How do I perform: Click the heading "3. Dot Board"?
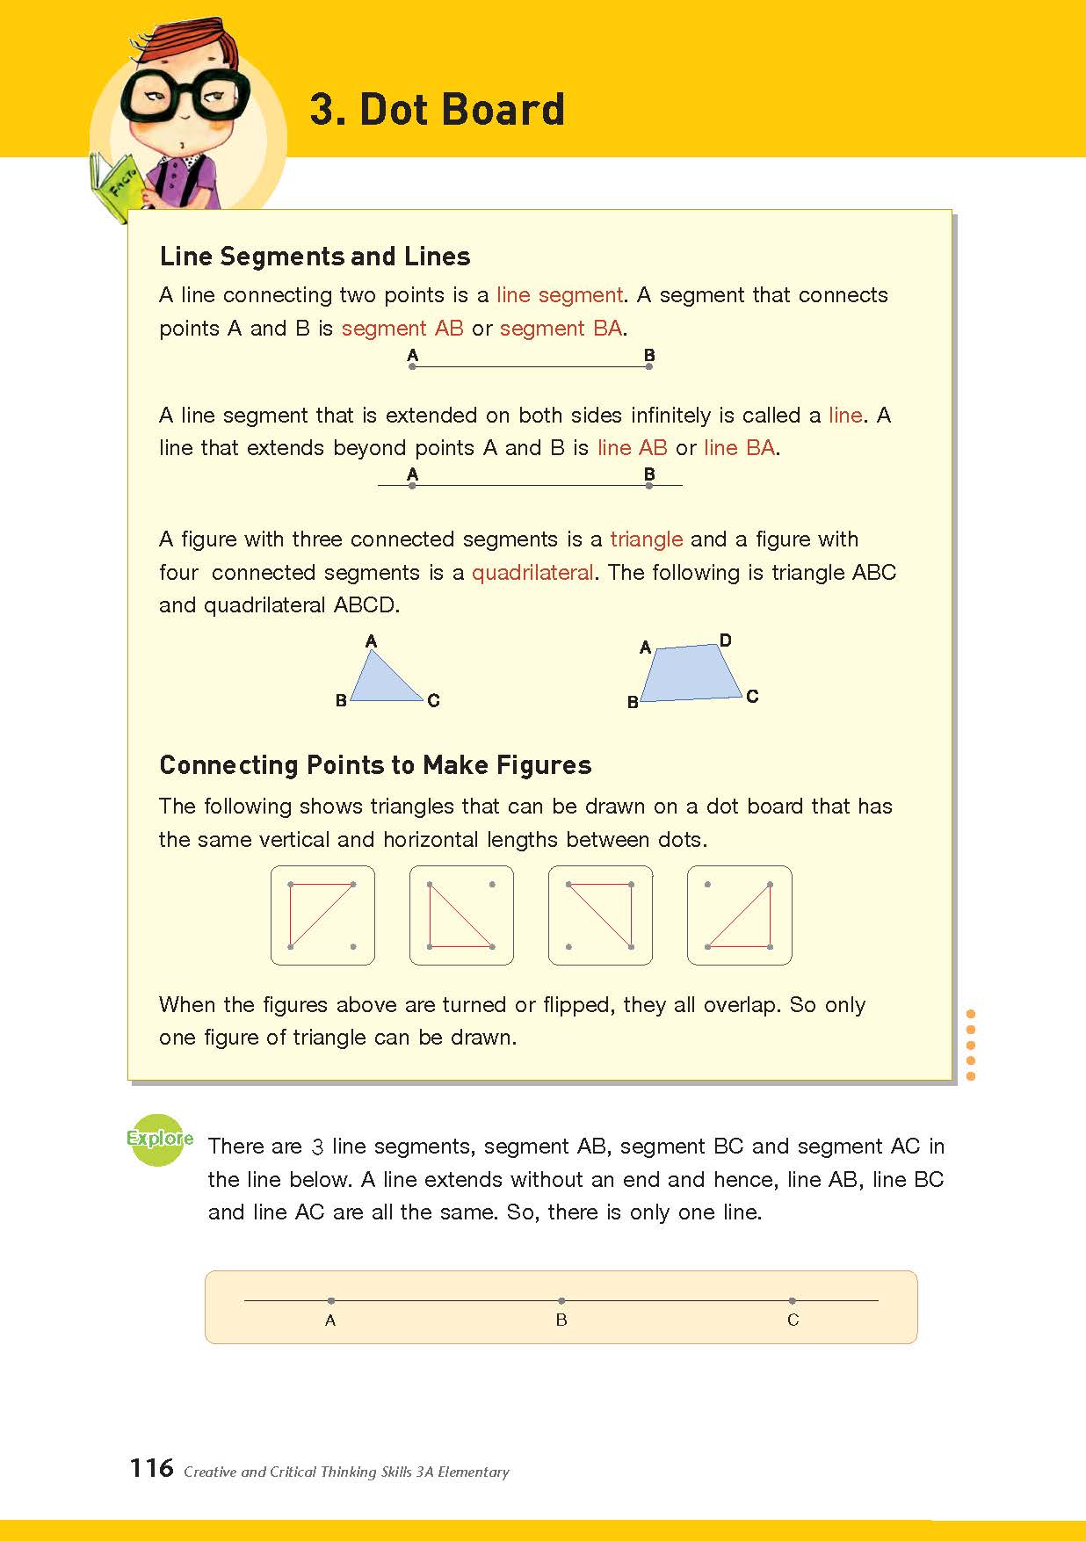click(x=437, y=110)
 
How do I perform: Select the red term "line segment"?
click(x=560, y=295)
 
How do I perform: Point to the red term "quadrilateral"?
click(x=532, y=573)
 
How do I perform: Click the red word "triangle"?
click(x=646, y=539)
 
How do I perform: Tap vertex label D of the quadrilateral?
click(x=725, y=640)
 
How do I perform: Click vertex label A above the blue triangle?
click(x=371, y=641)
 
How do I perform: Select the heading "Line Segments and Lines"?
click(x=315, y=257)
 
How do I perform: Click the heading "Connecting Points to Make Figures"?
click(x=375, y=765)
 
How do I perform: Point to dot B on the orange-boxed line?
click(x=561, y=1300)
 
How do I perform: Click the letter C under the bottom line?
click(x=793, y=1320)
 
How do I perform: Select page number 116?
click(x=151, y=1468)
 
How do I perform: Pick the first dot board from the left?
click(x=322, y=915)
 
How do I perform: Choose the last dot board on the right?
click(x=739, y=915)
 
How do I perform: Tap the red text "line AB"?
click(x=632, y=448)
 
